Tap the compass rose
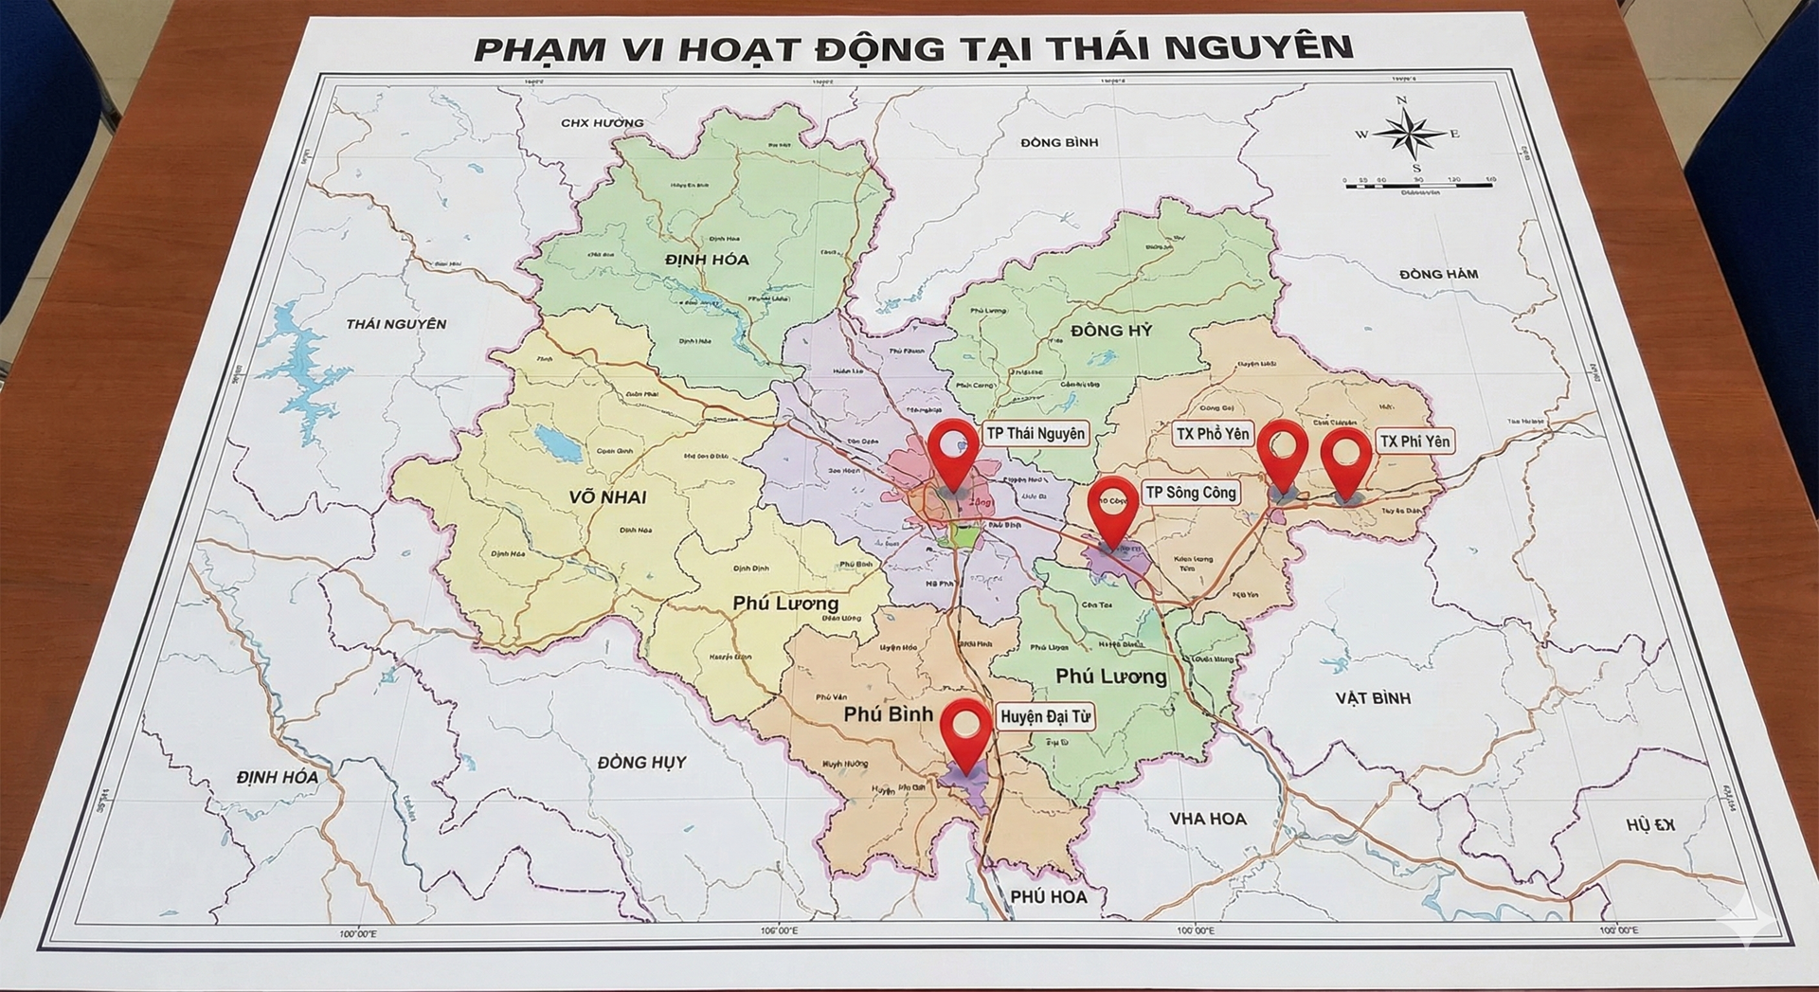(x=1409, y=135)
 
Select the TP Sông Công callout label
(x=1190, y=493)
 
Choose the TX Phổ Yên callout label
(x=1212, y=434)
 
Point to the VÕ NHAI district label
(x=607, y=497)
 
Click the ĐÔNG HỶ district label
(x=1111, y=331)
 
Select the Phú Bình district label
(x=888, y=713)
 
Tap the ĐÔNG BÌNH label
(x=1059, y=142)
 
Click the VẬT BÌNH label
(x=1373, y=698)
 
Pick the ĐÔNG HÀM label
(x=1437, y=274)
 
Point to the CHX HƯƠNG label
(x=602, y=122)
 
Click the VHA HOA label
(x=1207, y=819)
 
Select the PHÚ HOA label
(x=1048, y=896)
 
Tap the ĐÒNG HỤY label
(x=641, y=762)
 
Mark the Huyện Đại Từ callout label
(x=1045, y=717)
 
